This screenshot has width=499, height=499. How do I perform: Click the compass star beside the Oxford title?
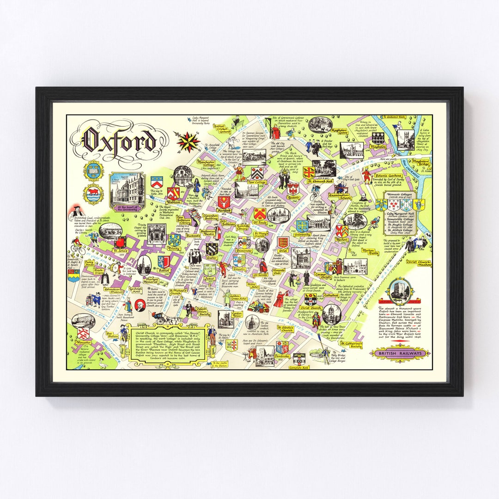click(x=189, y=141)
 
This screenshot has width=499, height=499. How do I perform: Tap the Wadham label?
click(x=172, y=208)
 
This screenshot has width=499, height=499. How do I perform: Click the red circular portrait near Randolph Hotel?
click(x=139, y=305)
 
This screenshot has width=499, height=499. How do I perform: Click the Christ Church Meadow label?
click(x=418, y=263)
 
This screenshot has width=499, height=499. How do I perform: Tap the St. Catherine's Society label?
click(x=352, y=345)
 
